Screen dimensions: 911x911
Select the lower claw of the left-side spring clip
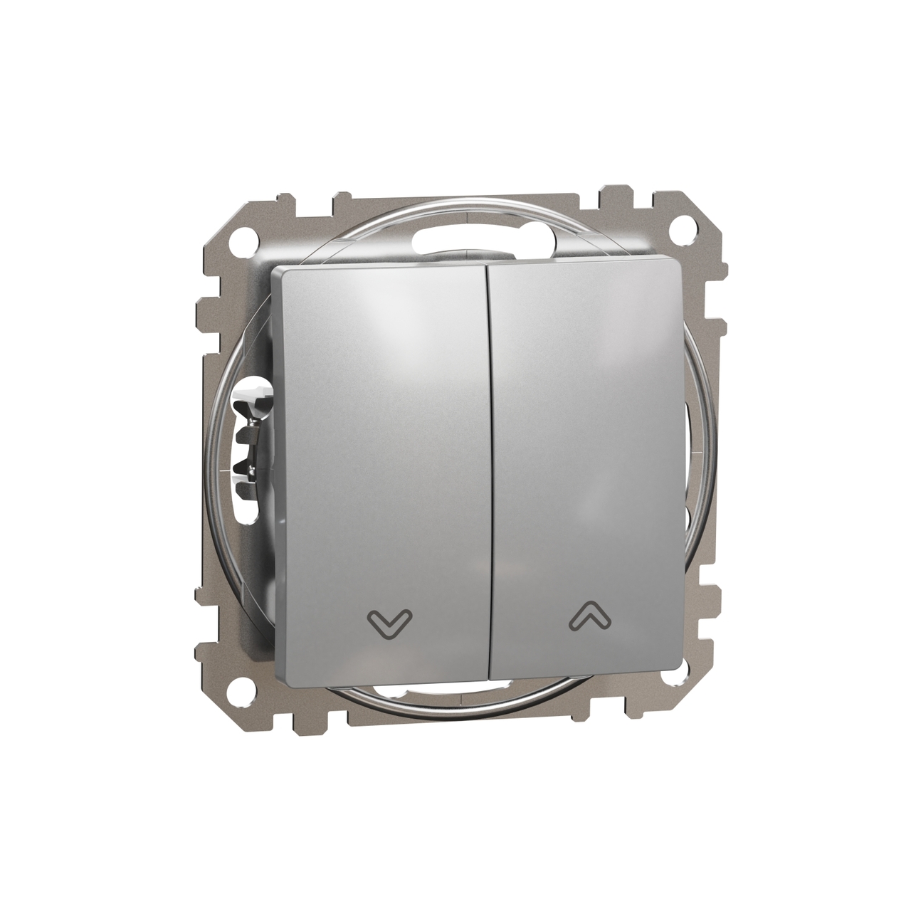tap(248, 466)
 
